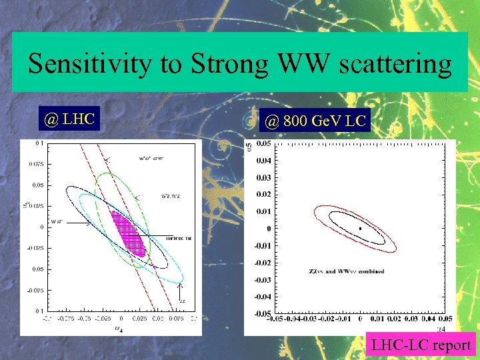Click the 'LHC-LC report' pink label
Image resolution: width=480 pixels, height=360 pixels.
point(421,345)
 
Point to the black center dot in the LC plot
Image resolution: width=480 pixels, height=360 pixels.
point(360,229)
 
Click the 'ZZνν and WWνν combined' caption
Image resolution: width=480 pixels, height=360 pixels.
point(346,271)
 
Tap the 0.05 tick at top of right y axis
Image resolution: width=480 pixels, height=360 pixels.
point(264,143)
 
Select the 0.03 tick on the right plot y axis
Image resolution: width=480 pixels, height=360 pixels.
point(264,177)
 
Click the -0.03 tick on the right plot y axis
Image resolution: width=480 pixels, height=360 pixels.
point(263,279)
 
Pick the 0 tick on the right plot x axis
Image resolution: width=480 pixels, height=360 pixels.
point(360,319)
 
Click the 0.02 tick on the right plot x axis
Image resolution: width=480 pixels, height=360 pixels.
point(393,319)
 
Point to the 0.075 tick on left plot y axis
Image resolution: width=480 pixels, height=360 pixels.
point(35,164)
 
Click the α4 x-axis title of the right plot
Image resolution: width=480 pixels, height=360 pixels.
point(441,327)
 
